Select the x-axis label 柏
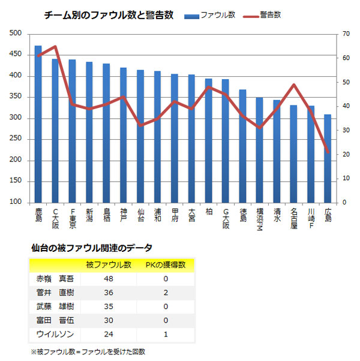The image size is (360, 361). [x=208, y=212]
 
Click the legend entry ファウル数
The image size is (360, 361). [x=210, y=15]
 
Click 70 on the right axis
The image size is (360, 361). [x=344, y=34]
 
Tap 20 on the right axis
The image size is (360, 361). [x=344, y=155]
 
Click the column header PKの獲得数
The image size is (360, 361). [x=164, y=264]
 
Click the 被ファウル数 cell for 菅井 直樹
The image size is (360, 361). [x=108, y=293]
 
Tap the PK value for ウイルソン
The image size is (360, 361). [x=164, y=333]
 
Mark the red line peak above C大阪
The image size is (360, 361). [x=55, y=46]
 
